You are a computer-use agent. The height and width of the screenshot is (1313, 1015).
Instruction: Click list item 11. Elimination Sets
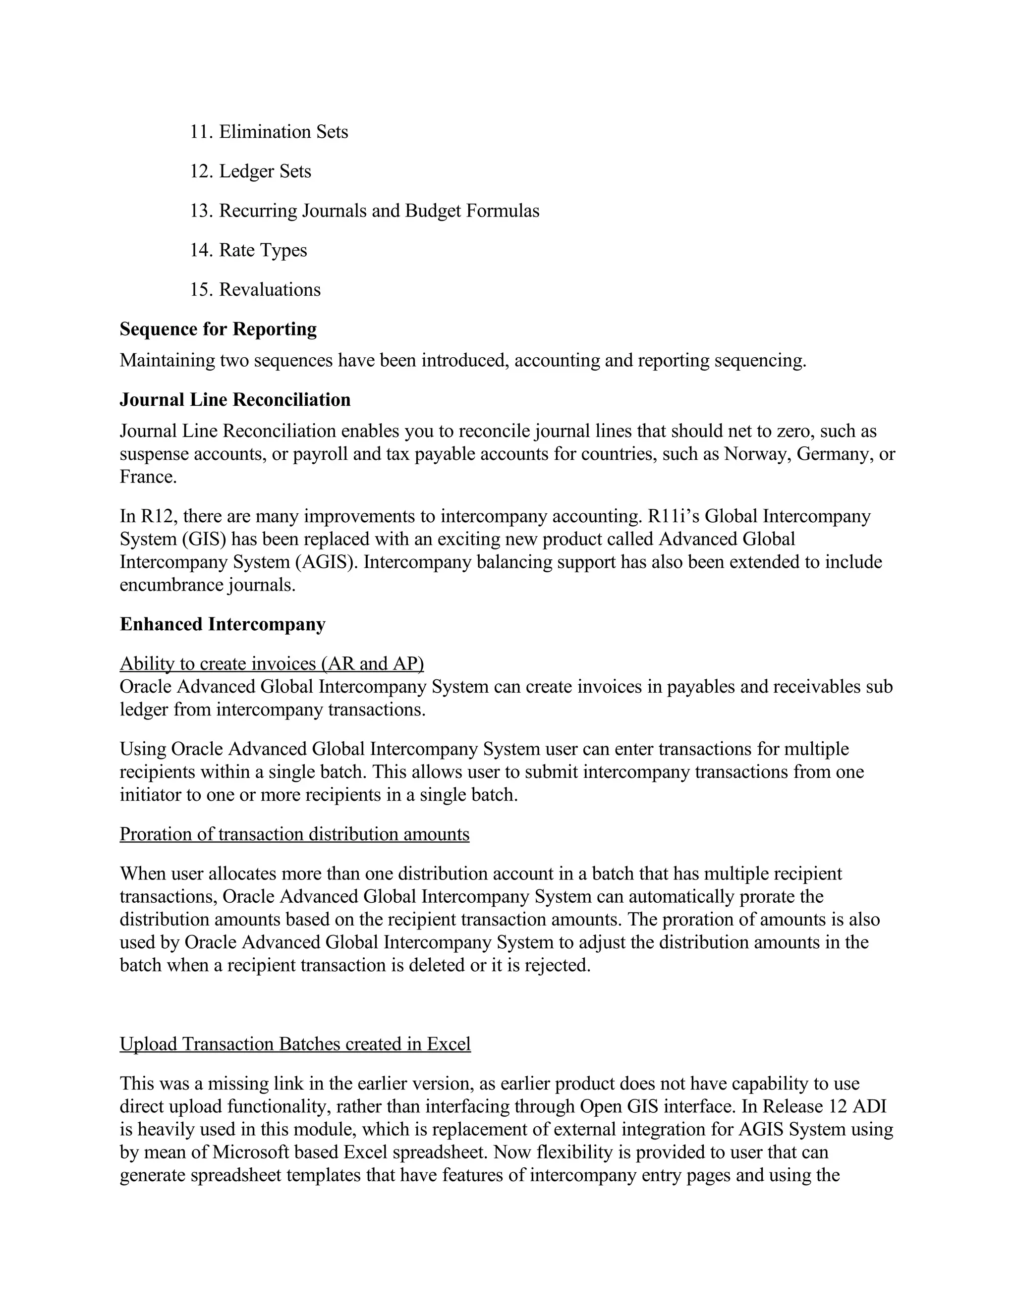point(269,132)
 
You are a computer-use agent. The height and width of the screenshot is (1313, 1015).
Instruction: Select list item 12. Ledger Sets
point(251,171)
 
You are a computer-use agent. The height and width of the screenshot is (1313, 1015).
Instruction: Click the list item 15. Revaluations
point(256,290)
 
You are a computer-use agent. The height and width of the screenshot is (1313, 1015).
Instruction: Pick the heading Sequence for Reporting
point(218,329)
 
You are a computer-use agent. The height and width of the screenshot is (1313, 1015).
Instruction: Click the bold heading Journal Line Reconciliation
point(235,400)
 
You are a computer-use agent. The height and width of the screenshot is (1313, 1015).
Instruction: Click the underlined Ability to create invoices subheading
point(272,664)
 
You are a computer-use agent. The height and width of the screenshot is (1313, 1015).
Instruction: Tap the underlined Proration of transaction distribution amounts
point(295,834)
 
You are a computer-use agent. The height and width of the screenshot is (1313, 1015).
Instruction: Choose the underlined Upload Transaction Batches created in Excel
point(295,1044)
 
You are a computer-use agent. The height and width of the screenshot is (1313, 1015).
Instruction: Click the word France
point(148,477)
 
